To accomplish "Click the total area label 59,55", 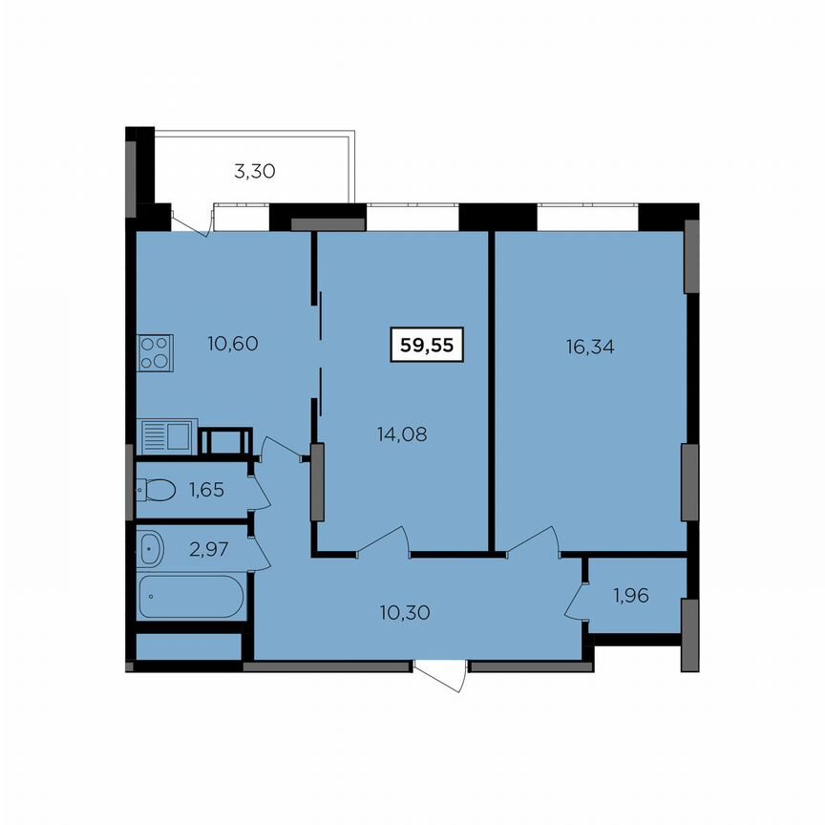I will (x=427, y=346).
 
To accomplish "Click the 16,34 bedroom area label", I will (x=589, y=346).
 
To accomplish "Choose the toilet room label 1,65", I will (x=207, y=491).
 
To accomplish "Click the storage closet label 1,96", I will (x=630, y=598).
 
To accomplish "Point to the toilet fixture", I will (x=155, y=491).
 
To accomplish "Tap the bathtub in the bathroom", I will (x=191, y=597).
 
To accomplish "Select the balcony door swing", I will (x=194, y=221).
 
